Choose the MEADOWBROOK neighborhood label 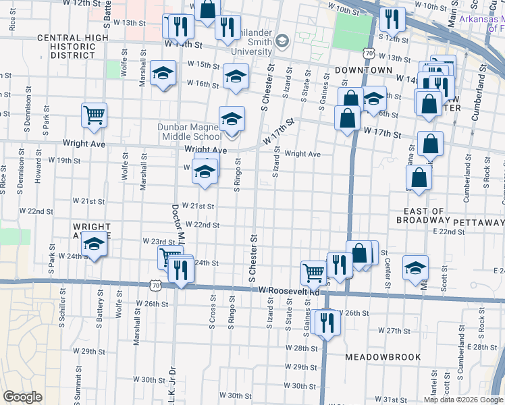click(383, 356)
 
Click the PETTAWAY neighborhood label click(479, 222)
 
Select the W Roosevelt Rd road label click(289, 290)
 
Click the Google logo click(23, 397)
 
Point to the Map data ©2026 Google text click(463, 400)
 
